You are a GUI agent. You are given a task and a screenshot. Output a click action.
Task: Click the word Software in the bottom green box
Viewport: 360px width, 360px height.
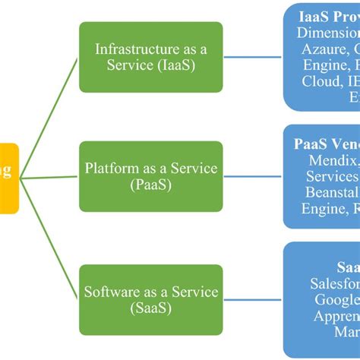(x=112, y=292)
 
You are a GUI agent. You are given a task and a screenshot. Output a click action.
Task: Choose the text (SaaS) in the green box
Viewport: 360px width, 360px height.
(x=150, y=309)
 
